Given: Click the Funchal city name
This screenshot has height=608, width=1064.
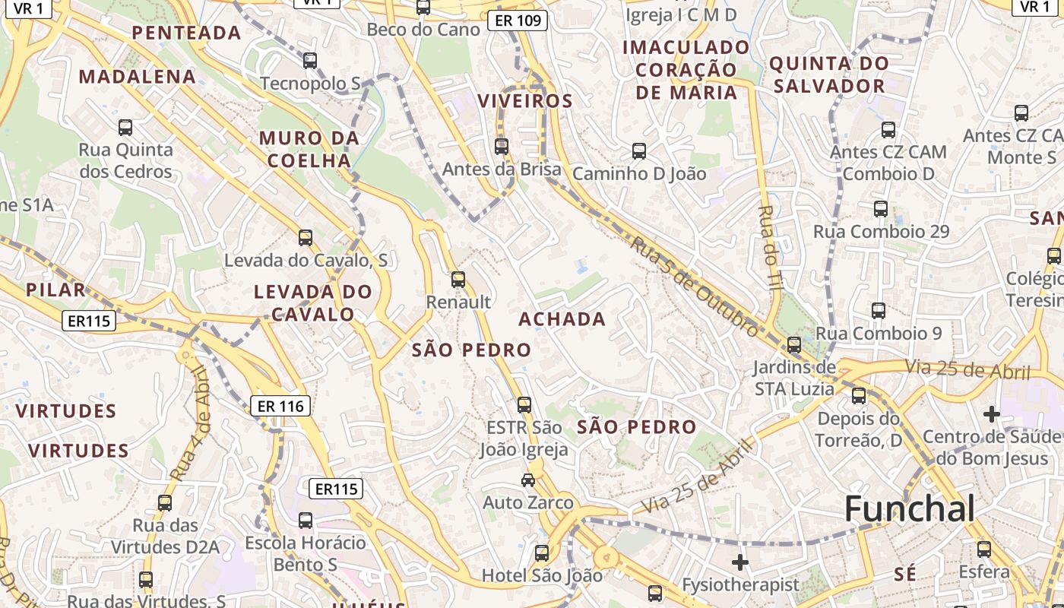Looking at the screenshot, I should (909, 508).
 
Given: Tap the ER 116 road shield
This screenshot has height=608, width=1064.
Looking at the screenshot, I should (280, 407).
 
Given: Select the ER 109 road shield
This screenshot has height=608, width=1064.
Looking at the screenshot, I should (518, 20).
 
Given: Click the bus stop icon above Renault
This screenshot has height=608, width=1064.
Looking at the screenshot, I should (458, 280).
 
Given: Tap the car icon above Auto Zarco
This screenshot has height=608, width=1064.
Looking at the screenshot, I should (527, 480).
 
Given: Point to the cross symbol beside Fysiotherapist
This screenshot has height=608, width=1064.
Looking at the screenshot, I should (739, 562).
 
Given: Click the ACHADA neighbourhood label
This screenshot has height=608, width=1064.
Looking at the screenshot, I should (562, 319).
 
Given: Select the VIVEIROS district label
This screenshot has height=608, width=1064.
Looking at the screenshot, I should (524, 101).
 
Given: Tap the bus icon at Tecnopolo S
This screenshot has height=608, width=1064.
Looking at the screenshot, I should (309, 61).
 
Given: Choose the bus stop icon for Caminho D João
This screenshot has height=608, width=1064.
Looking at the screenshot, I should (638, 151).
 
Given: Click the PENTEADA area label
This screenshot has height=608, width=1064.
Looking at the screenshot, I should (186, 33).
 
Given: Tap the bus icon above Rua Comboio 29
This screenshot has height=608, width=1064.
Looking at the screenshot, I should (880, 208).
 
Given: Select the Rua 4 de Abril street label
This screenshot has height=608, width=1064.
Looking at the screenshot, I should (188, 423).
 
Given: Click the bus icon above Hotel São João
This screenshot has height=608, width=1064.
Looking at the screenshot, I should (541, 553).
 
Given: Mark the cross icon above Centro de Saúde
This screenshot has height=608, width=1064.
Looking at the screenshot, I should (991, 414).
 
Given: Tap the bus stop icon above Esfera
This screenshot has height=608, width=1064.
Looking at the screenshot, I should (983, 549).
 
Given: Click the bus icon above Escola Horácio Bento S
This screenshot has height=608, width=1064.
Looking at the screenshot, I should (305, 521).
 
